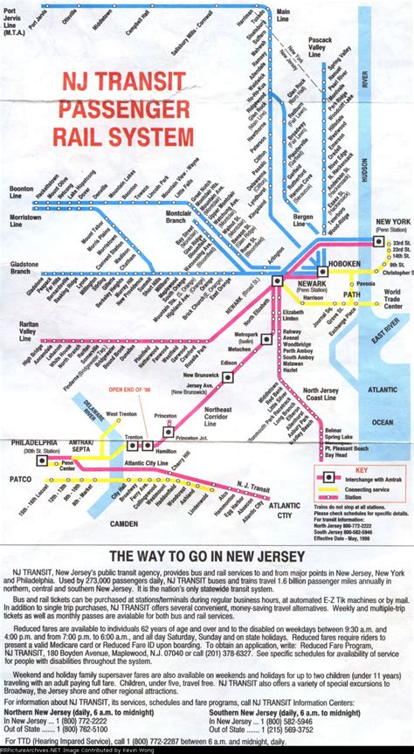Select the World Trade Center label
pyautogui.click(x=392, y=299)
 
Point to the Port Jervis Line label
pyautogui.click(x=15, y=24)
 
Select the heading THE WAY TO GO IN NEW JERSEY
pyautogui.click(x=206, y=556)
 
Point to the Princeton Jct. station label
pyautogui.click(x=192, y=437)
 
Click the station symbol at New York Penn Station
pyautogui.click(x=377, y=241)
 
